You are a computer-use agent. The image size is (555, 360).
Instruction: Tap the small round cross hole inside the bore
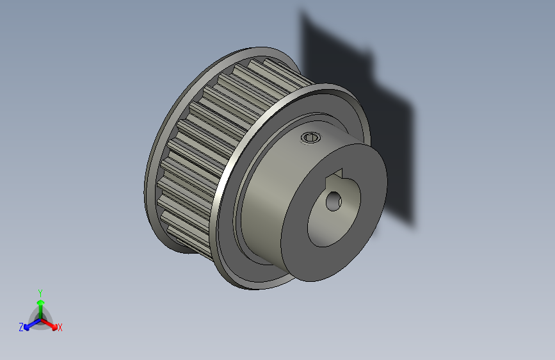(x=334, y=202)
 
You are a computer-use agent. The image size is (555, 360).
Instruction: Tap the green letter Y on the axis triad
(x=40, y=291)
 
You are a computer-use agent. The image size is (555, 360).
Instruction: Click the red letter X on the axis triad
(x=60, y=327)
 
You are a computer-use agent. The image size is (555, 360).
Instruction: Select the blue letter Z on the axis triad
(x=21, y=327)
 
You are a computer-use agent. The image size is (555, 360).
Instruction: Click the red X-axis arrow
(x=51, y=323)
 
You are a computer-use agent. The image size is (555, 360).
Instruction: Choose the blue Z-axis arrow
(x=29, y=325)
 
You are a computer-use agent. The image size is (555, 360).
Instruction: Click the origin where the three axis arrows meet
(x=40, y=318)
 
